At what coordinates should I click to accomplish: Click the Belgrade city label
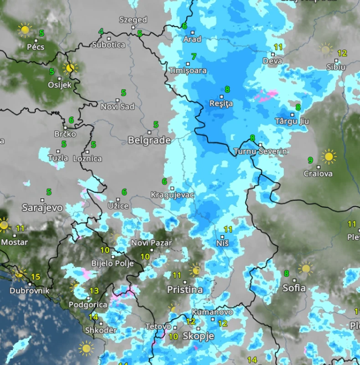[149, 140]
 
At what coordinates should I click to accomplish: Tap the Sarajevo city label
[42, 208]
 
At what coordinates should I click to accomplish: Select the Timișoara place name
[188, 71]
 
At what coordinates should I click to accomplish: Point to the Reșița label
[221, 104]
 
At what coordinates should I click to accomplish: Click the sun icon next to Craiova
[328, 156]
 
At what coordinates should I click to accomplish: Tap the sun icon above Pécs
[25, 30]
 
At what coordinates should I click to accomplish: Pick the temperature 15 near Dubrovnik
[35, 277]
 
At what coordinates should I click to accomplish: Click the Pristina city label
[185, 290]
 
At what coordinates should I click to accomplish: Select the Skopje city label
[198, 336]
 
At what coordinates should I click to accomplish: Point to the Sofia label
[294, 288]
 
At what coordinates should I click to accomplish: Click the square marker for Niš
[222, 237]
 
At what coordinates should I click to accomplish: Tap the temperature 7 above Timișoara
[194, 57]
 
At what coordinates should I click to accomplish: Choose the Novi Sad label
[118, 106]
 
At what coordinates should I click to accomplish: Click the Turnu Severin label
[260, 151]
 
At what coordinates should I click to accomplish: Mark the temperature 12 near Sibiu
[342, 53]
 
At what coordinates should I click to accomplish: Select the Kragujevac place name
[172, 195]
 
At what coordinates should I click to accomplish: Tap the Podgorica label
[88, 304]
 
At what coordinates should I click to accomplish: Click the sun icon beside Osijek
[70, 68]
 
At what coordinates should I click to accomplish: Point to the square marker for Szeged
[133, 27]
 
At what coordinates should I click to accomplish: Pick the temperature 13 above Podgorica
[94, 291]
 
